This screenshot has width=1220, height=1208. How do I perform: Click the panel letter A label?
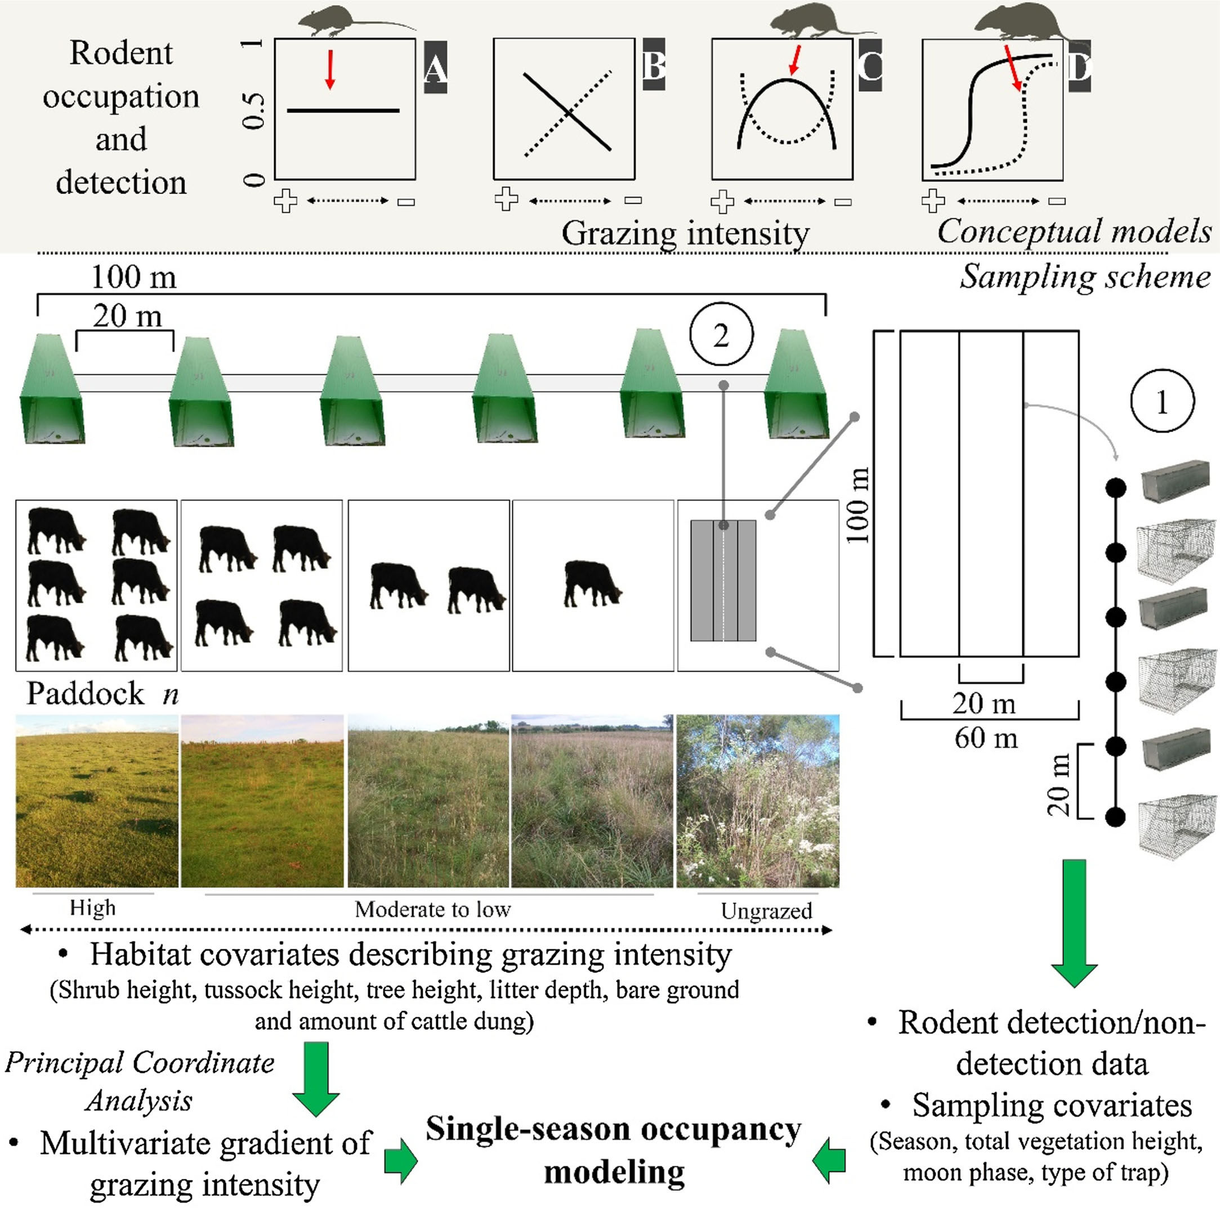point(435,68)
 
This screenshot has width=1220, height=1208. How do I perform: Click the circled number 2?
point(721,335)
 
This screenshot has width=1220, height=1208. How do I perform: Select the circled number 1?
point(1162,401)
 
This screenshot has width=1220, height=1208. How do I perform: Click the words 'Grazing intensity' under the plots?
point(685,233)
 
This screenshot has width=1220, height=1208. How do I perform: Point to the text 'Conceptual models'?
point(1074,231)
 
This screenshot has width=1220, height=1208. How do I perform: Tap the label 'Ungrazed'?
point(766,910)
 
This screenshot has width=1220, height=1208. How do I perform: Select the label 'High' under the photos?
point(93,908)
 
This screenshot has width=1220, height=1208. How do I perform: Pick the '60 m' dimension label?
point(986,738)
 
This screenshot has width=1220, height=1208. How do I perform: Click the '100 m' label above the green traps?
point(134,277)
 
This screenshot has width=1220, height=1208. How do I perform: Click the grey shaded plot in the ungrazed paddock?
point(723,580)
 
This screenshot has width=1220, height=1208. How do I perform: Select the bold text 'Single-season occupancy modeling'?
point(614,1149)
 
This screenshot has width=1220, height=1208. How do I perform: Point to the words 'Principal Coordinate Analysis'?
point(140,1081)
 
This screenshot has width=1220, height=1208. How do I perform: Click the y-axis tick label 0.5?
point(253,110)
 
